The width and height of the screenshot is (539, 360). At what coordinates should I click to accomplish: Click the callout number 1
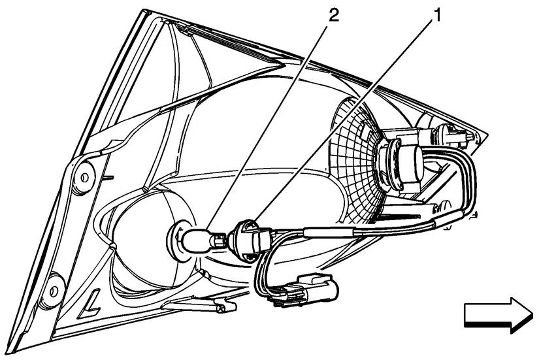tap(436, 16)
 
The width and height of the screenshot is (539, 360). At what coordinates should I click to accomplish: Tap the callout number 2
tap(333, 16)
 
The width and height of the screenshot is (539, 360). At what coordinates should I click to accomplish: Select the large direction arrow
tap(498, 315)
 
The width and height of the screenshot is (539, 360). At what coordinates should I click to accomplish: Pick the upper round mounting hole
tap(84, 178)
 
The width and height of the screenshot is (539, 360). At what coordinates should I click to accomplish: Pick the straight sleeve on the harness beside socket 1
tap(330, 232)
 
